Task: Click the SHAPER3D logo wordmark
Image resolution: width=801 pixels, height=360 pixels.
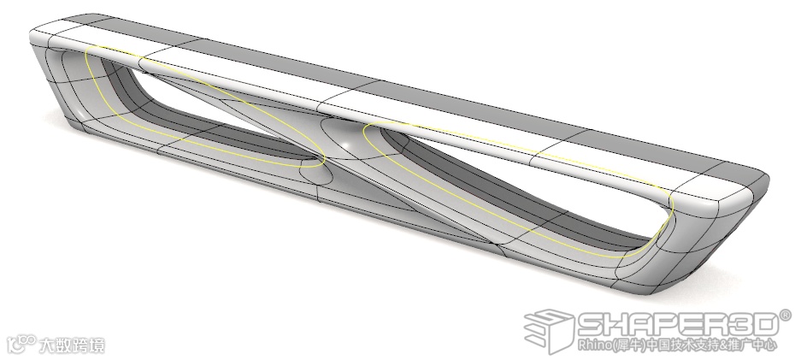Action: [675, 324]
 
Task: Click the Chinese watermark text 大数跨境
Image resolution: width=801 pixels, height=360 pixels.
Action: [73, 345]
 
